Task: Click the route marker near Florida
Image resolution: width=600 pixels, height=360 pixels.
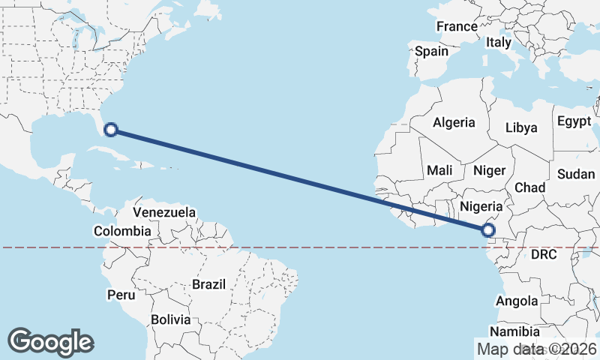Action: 111,130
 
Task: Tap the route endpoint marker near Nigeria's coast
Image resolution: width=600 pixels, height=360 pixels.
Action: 489,230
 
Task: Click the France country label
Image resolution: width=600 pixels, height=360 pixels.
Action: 457,26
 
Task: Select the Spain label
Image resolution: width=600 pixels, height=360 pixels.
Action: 431,52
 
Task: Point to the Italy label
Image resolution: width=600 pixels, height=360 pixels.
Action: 498,43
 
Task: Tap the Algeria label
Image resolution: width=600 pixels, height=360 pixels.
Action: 454,122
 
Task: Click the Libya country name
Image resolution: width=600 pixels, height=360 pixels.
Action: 521,127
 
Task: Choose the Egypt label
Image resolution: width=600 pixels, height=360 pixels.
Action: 574,121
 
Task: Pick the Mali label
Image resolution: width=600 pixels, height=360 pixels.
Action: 439,171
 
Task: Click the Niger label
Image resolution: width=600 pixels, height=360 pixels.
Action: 489,171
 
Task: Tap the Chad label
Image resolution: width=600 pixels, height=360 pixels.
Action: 529,187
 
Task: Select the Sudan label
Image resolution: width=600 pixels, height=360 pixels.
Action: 576,174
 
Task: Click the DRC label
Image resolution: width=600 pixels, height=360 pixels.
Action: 543,255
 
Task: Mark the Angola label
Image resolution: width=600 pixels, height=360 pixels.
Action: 517,301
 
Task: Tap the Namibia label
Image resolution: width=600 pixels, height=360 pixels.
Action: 514,331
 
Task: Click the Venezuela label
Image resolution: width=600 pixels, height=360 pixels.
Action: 164,212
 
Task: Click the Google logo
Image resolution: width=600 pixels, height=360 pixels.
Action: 50,342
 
